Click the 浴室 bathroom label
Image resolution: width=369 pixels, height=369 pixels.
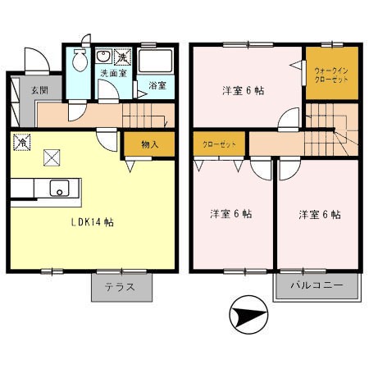tap(157, 84)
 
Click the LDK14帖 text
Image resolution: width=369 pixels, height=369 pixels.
tap(91, 221)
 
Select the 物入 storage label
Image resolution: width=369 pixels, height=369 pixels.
tap(149, 145)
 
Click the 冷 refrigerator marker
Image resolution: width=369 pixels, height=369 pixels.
tap(20, 142)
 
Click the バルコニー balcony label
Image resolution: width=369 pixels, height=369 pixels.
tap(316, 288)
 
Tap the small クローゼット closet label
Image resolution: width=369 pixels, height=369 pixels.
tap(219, 145)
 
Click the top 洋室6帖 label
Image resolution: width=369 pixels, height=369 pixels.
tap(245, 90)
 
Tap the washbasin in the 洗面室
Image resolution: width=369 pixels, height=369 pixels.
tap(104, 57)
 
